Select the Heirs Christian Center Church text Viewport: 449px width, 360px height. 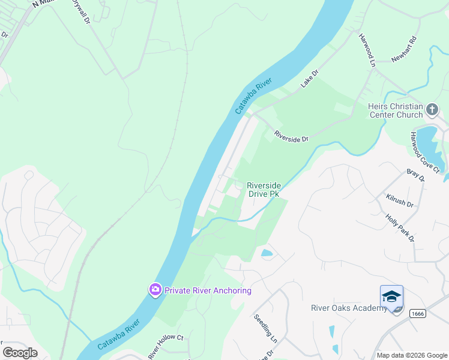[395, 110]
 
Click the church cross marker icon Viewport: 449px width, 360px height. [432, 110]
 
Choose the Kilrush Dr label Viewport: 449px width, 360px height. [400, 200]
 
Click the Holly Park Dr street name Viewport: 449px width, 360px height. [400, 228]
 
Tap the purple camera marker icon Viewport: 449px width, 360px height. [155, 290]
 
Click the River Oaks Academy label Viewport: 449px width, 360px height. [349, 308]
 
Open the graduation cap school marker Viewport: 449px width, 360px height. [391, 297]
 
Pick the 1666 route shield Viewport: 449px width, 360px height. [416, 314]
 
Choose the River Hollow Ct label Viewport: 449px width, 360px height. [165, 346]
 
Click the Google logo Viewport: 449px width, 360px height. [20, 352]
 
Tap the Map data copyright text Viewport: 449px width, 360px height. [411, 355]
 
